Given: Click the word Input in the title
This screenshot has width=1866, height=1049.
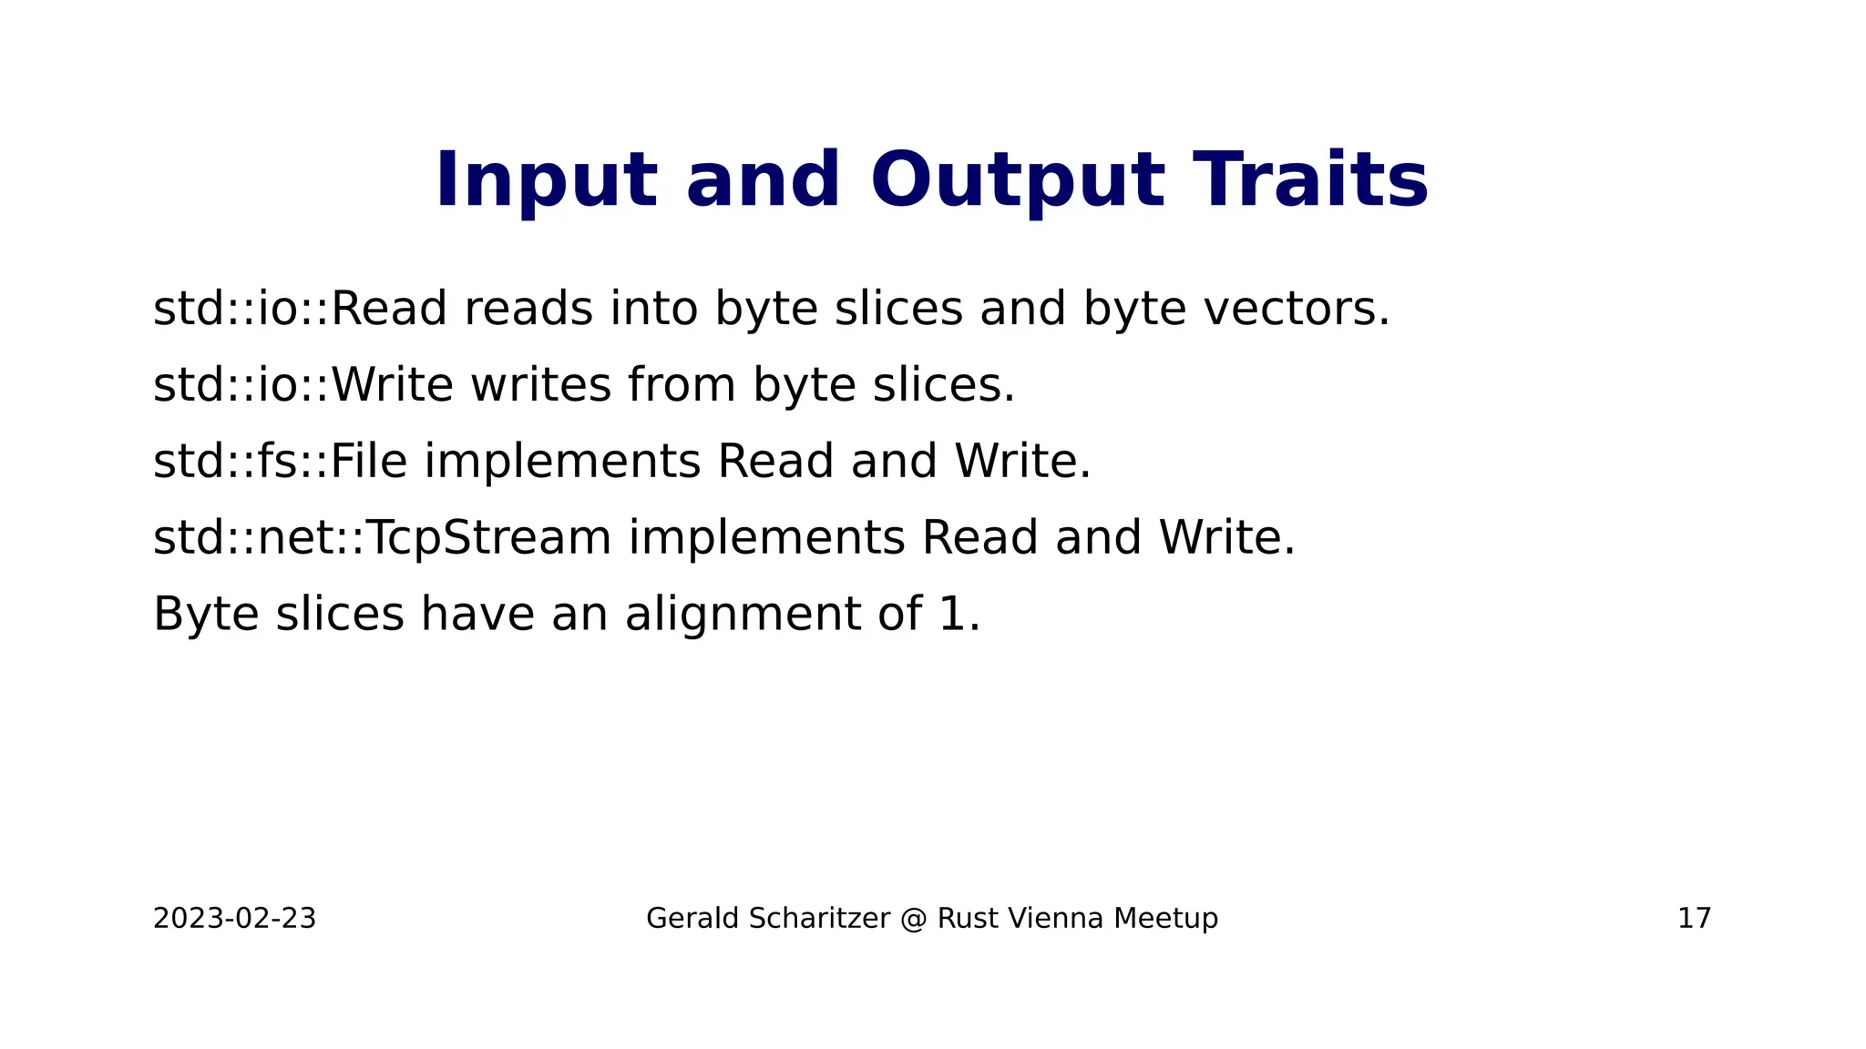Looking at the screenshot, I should pyautogui.click(x=546, y=180).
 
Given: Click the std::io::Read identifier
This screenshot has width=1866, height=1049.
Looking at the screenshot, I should pyautogui.click(x=300, y=309).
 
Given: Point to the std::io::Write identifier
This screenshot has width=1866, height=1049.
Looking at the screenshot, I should pyautogui.click(x=302, y=385).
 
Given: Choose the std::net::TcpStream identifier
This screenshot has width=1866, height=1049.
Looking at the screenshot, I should pyautogui.click(x=382, y=538).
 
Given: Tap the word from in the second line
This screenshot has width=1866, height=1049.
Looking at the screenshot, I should pyautogui.click(x=682, y=385).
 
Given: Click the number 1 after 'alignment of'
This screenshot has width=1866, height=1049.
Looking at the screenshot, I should pyautogui.click(x=950, y=615).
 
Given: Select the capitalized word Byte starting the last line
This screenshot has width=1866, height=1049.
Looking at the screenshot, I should pyautogui.click(x=206, y=615).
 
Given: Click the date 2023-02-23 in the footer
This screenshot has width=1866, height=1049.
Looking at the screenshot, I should pyautogui.click(x=234, y=919).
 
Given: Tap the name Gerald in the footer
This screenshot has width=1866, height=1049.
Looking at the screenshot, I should pyautogui.click(x=692, y=919).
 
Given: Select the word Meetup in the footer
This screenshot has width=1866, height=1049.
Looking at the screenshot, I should pyautogui.click(x=1165, y=919).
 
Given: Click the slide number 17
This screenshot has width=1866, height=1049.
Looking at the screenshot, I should pyautogui.click(x=1694, y=919).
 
